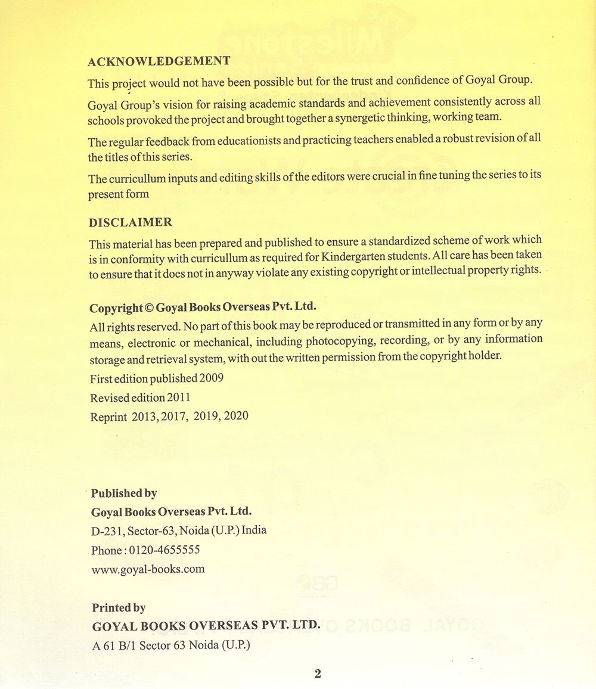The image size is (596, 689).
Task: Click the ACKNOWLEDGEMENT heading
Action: point(159,61)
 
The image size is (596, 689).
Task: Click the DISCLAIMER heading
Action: point(131,222)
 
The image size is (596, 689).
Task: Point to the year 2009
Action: point(212,378)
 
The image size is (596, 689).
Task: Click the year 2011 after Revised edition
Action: point(179,398)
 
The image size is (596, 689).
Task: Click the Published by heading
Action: point(124,493)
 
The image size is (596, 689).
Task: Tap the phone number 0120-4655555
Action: point(164,550)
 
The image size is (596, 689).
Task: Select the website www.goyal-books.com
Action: point(148,569)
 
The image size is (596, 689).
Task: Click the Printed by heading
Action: point(119,608)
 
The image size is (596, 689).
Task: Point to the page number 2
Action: point(318,674)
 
